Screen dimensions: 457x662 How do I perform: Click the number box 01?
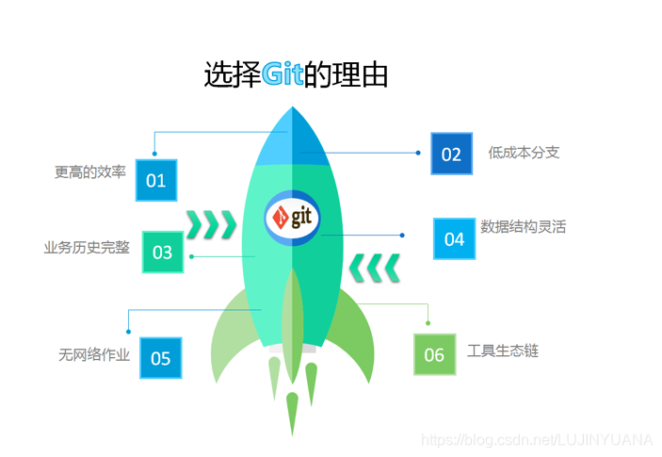155,179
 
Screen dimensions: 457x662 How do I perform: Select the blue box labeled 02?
451,154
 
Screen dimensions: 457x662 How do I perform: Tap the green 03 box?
162,252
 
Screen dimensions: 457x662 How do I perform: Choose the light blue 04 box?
454,238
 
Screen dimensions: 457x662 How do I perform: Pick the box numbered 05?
160,358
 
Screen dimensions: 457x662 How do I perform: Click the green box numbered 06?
434,354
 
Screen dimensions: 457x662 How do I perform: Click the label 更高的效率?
89,172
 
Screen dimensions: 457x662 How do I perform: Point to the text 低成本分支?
524,152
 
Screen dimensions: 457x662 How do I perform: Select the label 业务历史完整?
87,248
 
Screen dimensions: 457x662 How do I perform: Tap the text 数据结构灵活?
523,226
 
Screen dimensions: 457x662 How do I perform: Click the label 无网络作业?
93,355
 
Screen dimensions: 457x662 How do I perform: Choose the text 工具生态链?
503,351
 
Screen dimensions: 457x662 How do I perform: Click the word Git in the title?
283,74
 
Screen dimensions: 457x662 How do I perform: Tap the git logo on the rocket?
293,219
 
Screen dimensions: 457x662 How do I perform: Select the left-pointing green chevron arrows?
375,268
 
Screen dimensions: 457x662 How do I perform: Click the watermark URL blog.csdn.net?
536,439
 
